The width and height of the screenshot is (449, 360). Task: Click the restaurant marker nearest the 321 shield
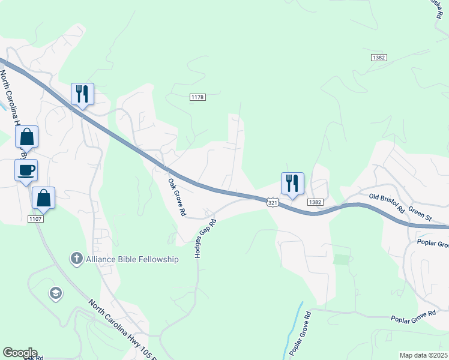(292, 183)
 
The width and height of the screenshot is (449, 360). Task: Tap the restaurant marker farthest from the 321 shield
(82, 94)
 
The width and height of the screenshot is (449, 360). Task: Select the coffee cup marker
(26, 170)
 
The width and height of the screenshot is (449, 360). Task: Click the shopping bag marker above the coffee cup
(27, 137)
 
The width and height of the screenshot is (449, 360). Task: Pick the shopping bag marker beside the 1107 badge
(43, 198)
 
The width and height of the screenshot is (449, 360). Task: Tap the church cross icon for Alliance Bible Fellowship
(76, 259)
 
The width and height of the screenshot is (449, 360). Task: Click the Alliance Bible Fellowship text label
(132, 259)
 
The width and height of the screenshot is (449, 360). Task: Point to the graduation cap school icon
(55, 293)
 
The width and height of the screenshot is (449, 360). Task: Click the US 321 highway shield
(273, 203)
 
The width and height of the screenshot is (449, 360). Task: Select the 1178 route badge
(197, 97)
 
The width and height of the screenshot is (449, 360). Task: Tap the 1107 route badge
(34, 218)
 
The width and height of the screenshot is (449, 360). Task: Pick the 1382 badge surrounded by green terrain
(378, 58)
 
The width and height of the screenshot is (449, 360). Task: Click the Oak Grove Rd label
(177, 197)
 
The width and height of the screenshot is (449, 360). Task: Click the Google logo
(20, 353)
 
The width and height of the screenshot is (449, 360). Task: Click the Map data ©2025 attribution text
(423, 355)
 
